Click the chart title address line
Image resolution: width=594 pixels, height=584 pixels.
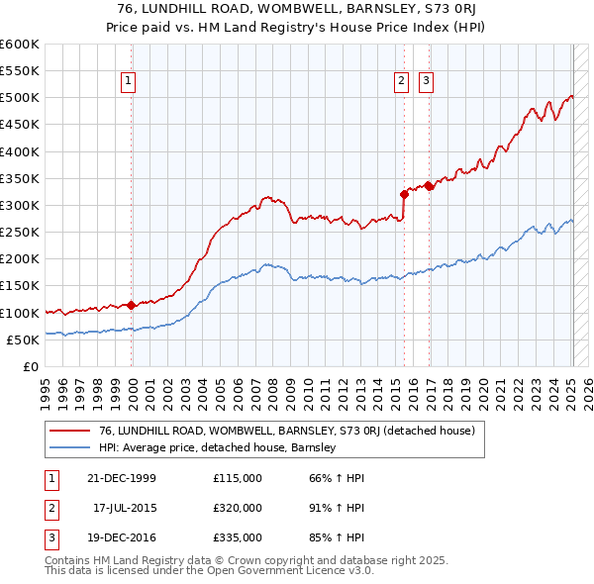tap(296, 9)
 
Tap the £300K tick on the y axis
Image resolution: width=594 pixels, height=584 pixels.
tap(20, 205)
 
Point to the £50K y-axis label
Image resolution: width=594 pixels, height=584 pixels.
tap(23, 340)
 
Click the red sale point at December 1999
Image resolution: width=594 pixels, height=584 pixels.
tap(132, 305)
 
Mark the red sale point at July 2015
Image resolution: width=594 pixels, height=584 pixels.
tap(404, 194)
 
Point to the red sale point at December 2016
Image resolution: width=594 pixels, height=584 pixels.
tap(429, 186)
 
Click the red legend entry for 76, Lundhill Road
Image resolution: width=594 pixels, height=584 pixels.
tap(287, 431)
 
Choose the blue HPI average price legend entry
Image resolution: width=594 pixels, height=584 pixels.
tap(218, 447)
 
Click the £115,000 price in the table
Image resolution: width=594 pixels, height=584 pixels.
tap(238, 478)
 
